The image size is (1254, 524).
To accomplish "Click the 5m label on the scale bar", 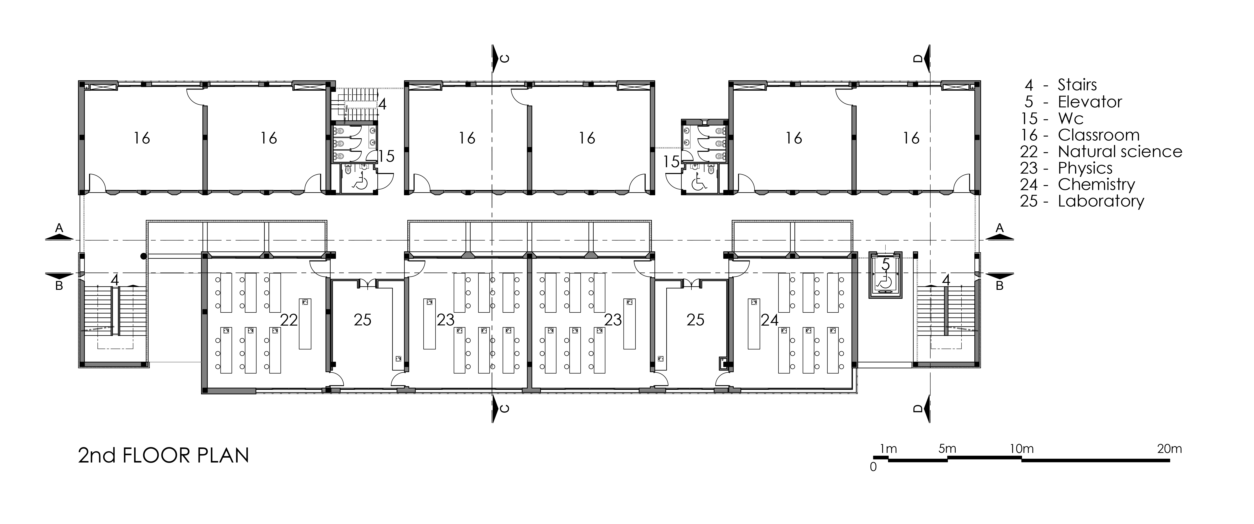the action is (947, 449).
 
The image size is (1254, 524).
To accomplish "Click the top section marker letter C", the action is (505, 59).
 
